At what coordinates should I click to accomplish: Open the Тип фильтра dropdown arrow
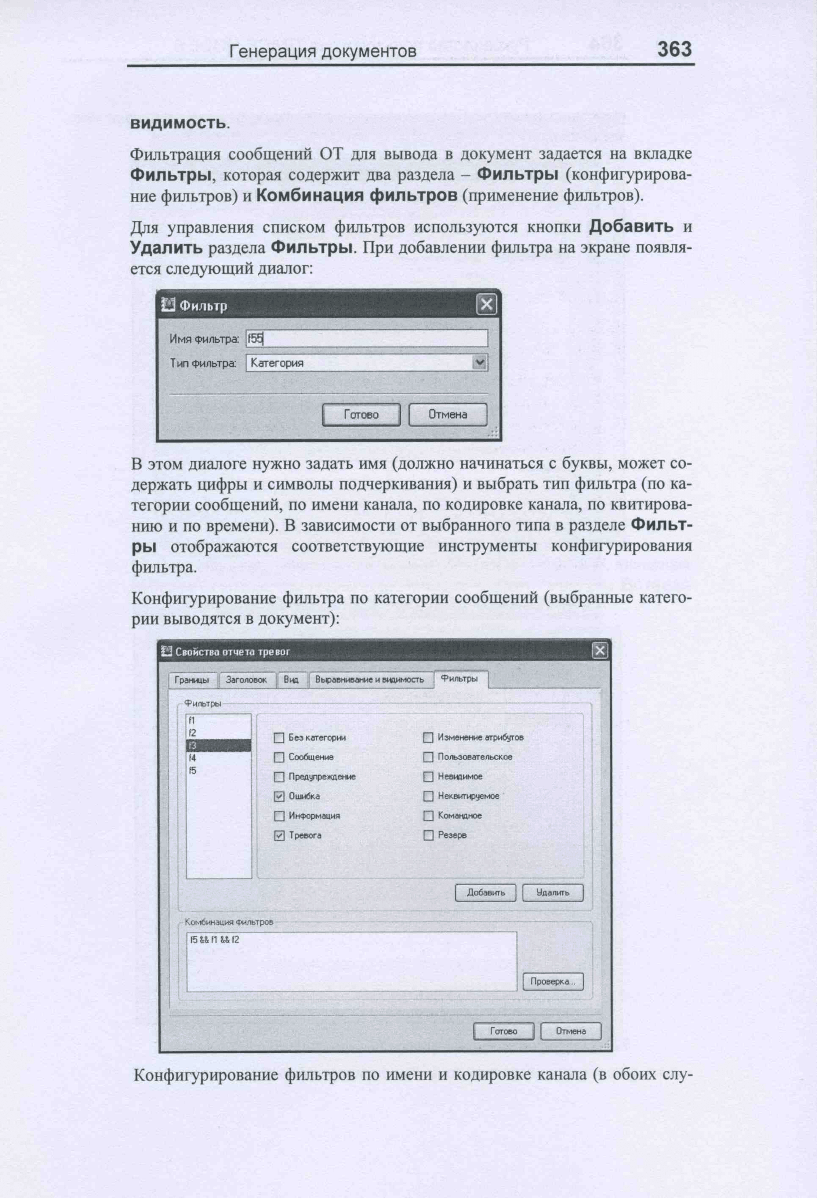tap(479, 363)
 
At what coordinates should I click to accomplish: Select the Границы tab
tap(192, 680)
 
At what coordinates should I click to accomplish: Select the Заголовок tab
tap(246, 680)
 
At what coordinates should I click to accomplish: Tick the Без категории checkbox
tap(279, 738)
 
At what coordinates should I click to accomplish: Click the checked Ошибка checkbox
tap(279, 796)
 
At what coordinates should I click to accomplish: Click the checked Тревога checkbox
tap(279, 836)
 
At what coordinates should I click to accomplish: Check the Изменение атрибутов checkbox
tap(428, 738)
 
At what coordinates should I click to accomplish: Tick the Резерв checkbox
tap(428, 836)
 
